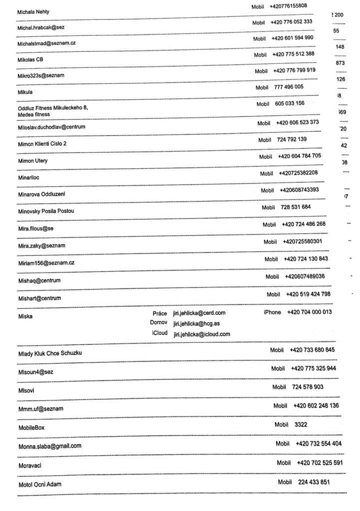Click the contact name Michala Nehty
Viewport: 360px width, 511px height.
coord(33,11)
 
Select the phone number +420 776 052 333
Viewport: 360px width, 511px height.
coord(292,22)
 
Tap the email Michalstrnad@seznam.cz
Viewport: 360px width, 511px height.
coord(46,43)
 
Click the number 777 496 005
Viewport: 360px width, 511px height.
coord(289,87)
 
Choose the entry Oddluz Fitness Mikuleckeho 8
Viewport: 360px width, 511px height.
coord(52,107)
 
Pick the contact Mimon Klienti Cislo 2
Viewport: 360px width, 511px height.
coord(42,144)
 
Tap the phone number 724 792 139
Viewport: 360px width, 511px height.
coord(292,139)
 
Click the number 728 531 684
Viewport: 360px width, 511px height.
coord(296,207)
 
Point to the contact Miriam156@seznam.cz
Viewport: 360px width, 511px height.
coord(46,262)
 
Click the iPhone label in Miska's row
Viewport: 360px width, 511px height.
coord(272,312)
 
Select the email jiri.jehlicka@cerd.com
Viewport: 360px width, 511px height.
coord(199,313)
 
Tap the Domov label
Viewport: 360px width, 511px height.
coord(158,323)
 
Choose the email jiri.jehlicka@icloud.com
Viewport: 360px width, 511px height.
coord(202,334)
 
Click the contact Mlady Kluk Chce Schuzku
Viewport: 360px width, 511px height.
coord(50,353)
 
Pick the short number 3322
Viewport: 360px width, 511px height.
coord(301,425)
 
